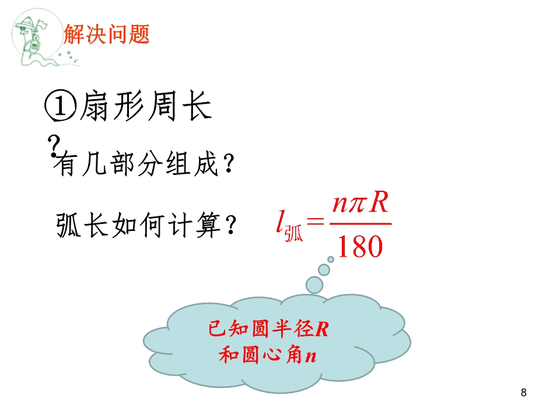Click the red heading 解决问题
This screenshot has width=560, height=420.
click(106, 34)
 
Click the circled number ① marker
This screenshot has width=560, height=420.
click(60, 106)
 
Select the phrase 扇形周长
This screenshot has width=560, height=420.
click(146, 106)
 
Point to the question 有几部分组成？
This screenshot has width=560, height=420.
click(144, 164)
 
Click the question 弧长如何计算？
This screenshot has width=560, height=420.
click(146, 225)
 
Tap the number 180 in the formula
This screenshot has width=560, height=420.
click(360, 246)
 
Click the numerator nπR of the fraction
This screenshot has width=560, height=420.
click(360, 203)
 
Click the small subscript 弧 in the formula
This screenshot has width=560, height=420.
click(293, 233)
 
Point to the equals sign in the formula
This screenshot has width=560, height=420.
click(316, 222)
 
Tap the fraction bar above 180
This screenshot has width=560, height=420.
click(360, 224)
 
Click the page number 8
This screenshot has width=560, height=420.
click(524, 393)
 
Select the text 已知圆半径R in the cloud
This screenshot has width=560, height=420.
click(268, 328)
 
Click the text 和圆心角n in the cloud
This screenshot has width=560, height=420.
click(268, 355)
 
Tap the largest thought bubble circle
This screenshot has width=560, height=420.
click(314, 285)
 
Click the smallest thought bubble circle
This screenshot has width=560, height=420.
click(331, 259)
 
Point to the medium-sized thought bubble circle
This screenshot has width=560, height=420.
click(324, 269)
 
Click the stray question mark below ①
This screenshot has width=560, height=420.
click(53, 146)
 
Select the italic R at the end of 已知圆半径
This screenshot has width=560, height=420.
click(321, 329)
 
